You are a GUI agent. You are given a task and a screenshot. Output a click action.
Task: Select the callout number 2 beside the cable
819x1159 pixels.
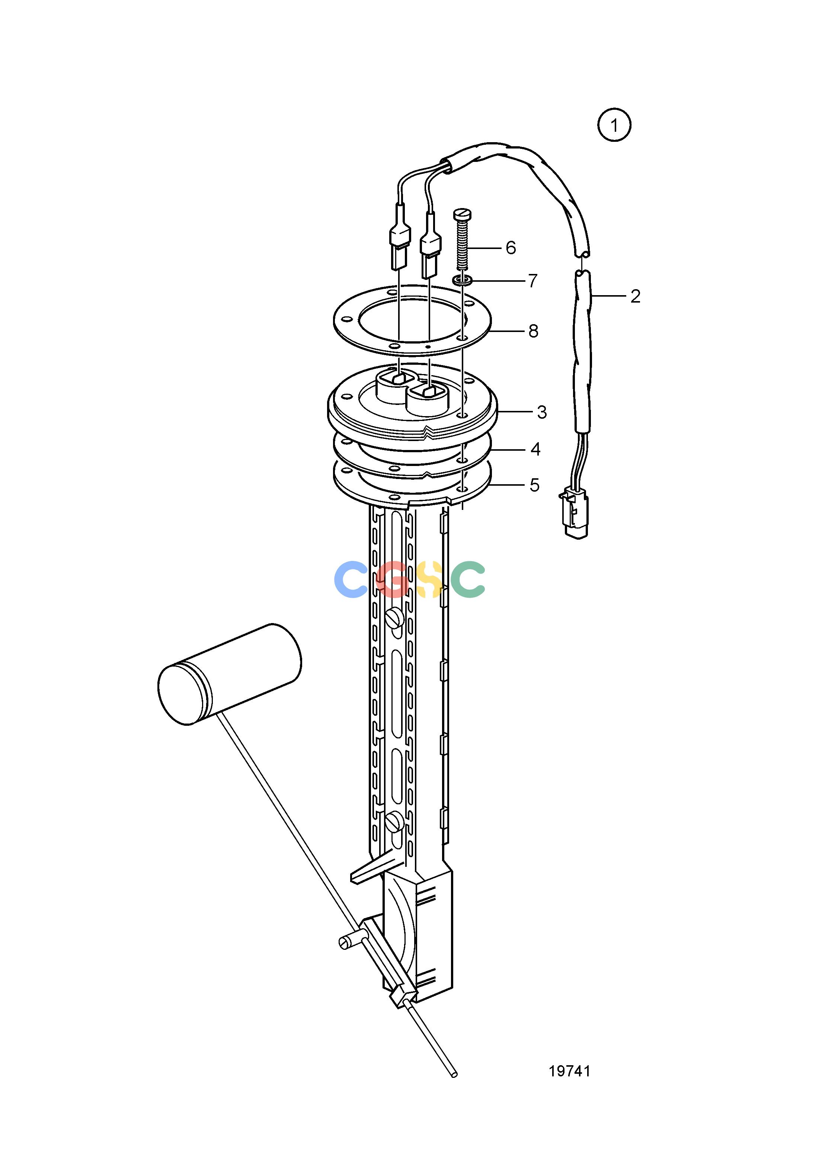point(635,296)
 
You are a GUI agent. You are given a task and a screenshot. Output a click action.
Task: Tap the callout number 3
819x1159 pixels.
point(542,412)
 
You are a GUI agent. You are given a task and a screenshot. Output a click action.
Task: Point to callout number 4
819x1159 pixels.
point(535,449)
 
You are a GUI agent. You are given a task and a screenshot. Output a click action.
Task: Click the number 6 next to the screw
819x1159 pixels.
point(511,248)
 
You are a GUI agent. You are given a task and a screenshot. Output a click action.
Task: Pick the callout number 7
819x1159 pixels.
point(533,281)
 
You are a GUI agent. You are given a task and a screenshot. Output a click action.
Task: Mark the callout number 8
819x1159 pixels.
point(533,331)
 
